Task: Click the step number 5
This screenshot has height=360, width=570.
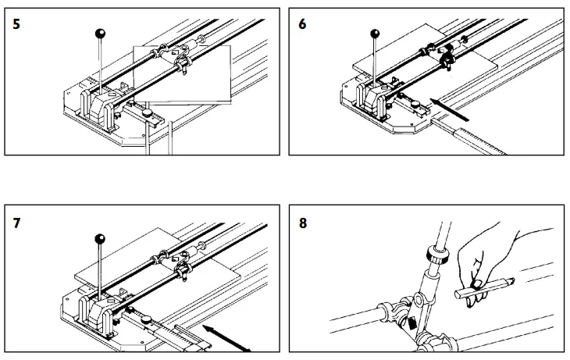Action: click(x=16, y=23)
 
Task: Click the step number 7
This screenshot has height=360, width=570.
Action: click(x=16, y=223)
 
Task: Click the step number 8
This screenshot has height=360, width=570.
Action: click(x=304, y=223)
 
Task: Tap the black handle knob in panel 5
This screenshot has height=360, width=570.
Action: click(x=100, y=33)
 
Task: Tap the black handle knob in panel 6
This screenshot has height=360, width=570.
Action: click(x=376, y=34)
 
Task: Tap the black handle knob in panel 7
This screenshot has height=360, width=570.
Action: click(x=99, y=238)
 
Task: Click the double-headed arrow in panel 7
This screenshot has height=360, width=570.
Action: click(x=226, y=338)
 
